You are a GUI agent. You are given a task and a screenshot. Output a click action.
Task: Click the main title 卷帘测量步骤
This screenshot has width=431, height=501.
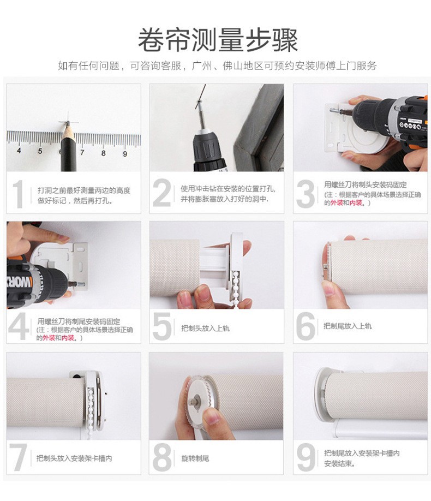pos(218,40)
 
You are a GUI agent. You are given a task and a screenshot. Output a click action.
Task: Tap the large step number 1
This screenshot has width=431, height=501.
pos(18,194)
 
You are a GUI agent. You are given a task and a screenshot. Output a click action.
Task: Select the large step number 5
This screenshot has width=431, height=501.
pos(162,326)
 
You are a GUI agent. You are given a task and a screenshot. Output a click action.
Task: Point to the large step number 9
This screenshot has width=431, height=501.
pos(306,457)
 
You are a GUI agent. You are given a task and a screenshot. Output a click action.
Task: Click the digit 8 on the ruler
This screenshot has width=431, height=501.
pos(104,153)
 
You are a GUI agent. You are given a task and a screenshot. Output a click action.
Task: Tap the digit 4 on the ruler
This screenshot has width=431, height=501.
pos(19,150)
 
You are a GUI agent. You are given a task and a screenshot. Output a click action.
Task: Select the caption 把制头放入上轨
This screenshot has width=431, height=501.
pos(205,328)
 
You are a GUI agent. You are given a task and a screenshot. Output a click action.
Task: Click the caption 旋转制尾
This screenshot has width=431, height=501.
pos(195,458)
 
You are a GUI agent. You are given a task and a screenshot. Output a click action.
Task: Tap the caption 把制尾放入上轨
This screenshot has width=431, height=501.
pos(348,326)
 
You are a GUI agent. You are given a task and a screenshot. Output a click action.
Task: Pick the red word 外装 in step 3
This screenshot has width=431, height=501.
pos(337,202)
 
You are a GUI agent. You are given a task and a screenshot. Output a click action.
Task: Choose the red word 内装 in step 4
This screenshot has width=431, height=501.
pos(68,338)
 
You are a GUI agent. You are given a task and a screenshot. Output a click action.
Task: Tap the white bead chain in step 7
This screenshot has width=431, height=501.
pos(91,406)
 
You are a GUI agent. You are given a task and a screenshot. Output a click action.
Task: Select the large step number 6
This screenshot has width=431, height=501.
pos(306,326)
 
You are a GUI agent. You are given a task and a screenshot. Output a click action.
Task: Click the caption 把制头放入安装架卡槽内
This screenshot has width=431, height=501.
pos(74,458)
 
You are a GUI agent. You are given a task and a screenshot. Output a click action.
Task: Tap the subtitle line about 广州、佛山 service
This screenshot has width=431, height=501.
pos(217,65)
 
